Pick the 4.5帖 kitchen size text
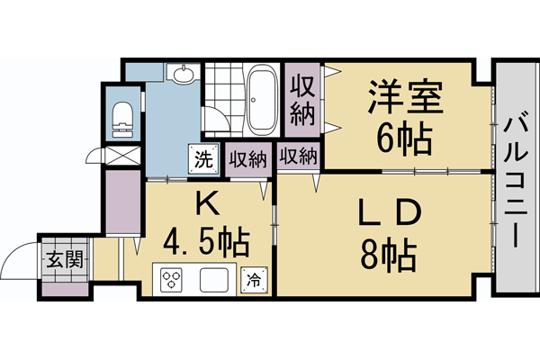pos(205,242)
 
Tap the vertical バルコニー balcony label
pos(516,180)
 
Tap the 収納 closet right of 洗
pos(247,159)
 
